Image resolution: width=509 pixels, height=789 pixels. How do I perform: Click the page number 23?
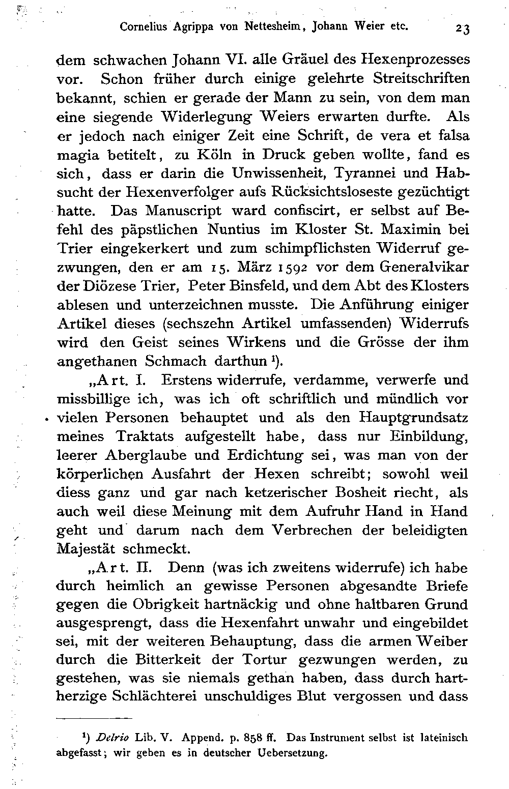tap(463, 28)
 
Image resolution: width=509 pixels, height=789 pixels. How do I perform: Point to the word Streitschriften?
tap(421, 79)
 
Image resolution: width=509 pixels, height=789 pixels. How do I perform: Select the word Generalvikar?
tap(429, 267)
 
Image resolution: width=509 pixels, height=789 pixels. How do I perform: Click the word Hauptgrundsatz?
tap(413, 418)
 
